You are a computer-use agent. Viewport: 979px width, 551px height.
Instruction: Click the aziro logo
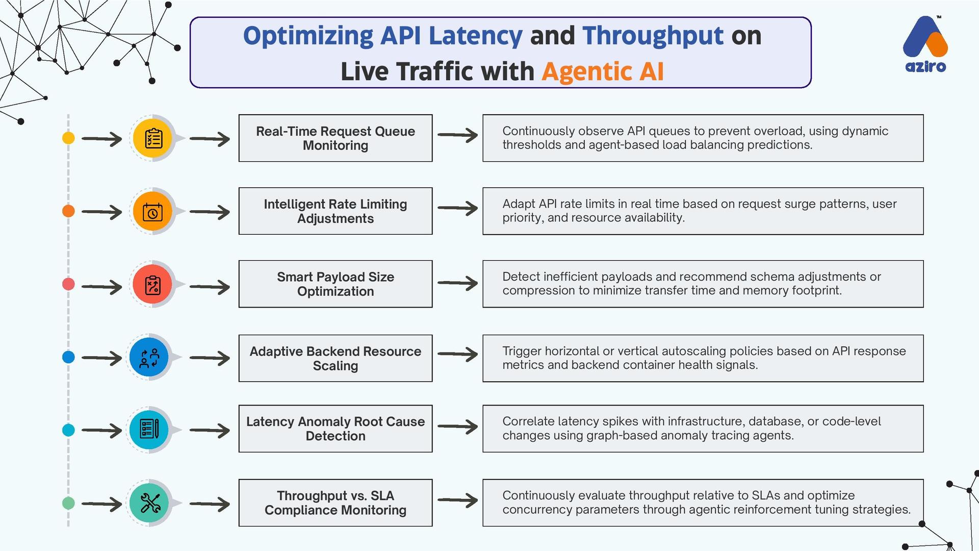tap(925, 45)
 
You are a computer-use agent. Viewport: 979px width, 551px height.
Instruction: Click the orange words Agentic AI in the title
tap(603, 71)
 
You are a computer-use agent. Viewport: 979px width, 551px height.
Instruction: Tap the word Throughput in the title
tap(653, 36)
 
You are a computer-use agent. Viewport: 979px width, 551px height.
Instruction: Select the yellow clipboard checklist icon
tap(153, 138)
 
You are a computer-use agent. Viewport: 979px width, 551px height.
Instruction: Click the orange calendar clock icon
tap(152, 212)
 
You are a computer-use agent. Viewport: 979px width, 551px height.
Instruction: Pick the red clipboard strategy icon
tap(152, 285)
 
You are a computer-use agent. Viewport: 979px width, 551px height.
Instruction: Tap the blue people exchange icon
tap(149, 358)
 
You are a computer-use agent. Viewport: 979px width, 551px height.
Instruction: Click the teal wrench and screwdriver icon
tap(149, 503)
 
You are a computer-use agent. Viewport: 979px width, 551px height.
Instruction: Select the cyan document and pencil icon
tap(149, 430)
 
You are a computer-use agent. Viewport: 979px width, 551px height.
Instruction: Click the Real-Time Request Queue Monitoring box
tap(335, 138)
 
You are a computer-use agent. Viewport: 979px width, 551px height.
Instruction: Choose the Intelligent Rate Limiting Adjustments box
tap(335, 211)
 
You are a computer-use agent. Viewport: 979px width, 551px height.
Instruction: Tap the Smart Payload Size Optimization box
tap(335, 284)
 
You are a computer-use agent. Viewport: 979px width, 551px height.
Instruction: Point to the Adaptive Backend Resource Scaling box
tap(335, 358)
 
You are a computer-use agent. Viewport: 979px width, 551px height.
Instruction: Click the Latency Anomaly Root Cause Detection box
tap(335, 429)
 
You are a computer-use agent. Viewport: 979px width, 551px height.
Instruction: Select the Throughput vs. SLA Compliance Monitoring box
tap(335, 503)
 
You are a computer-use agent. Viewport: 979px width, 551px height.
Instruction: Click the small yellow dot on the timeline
tap(68, 138)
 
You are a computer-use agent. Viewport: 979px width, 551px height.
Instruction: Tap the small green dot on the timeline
tap(68, 503)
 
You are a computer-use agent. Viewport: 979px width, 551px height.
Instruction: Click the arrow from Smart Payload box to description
tap(457, 284)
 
